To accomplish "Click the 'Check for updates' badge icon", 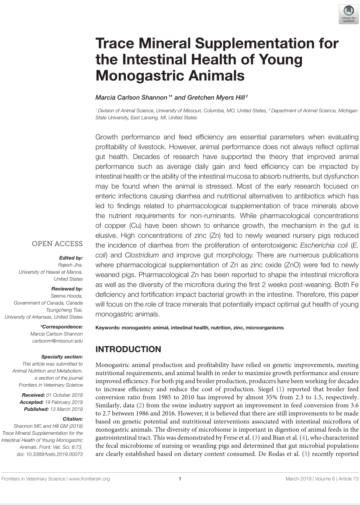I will coord(348,14).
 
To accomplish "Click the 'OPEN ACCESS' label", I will coord(57,244).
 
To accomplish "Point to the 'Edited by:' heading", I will coord(70,258).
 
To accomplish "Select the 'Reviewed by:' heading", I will coord(67,289).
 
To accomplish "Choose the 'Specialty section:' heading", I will coord(62,357).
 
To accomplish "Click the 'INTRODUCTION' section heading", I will coord(128,350).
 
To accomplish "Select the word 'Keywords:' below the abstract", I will coord(107,327).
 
